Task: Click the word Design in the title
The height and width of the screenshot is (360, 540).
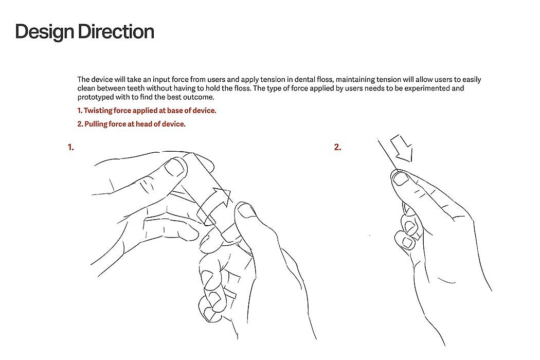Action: coord(44,32)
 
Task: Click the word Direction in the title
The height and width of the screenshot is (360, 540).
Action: coord(116,31)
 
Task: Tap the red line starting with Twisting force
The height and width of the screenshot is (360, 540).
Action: coord(147,111)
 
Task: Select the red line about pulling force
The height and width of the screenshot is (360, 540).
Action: coord(131,124)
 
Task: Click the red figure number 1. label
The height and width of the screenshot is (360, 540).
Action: coord(71,148)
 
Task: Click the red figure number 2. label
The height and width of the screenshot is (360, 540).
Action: coord(337,148)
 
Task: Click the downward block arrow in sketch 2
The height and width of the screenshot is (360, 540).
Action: coord(402,148)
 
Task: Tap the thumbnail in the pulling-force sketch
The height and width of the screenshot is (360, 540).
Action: coord(400,178)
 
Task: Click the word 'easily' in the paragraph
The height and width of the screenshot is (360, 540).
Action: coord(472,80)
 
